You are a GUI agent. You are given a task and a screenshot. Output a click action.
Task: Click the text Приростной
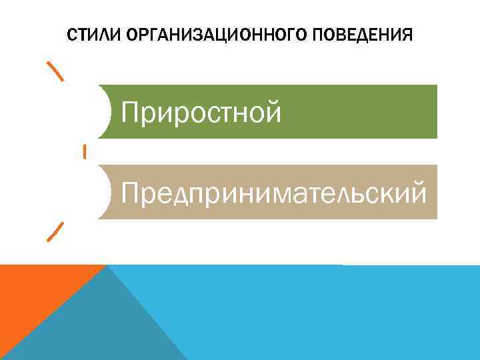tap(201, 113)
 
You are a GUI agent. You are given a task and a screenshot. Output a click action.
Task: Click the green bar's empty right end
tap(373, 112)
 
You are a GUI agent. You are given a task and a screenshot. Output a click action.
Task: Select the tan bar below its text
tap(267, 212)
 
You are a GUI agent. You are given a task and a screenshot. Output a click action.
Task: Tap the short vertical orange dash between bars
tap(85, 151)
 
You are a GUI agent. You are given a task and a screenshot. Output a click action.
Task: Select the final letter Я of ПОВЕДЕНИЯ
tap(408, 34)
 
